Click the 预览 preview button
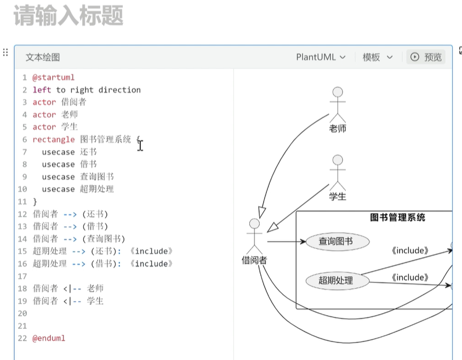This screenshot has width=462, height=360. tap(426, 57)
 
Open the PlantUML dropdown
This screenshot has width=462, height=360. tap(321, 57)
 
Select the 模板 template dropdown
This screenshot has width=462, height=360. tap(378, 57)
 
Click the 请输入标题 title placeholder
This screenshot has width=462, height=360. tap(69, 16)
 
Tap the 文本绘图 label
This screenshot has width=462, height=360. tap(43, 57)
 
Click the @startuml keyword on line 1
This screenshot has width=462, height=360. tap(53, 77)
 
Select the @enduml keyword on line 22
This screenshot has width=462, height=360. tap(49, 338)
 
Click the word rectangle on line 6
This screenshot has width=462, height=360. tap(53, 140)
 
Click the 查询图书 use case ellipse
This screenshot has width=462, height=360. tap(336, 241)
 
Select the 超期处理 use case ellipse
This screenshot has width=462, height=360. tap(336, 281)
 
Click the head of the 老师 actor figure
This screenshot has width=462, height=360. tap(338, 92)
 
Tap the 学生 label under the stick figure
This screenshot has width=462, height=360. tap(338, 196)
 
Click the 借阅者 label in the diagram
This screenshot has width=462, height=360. tap(254, 260)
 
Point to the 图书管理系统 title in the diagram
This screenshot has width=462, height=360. tap(397, 218)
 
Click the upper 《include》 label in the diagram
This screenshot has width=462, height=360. tap(410, 251)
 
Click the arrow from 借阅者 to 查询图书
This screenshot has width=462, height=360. tap(285, 241)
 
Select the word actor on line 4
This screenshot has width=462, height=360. tap(44, 115)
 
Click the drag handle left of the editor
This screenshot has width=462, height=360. tap(5, 53)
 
